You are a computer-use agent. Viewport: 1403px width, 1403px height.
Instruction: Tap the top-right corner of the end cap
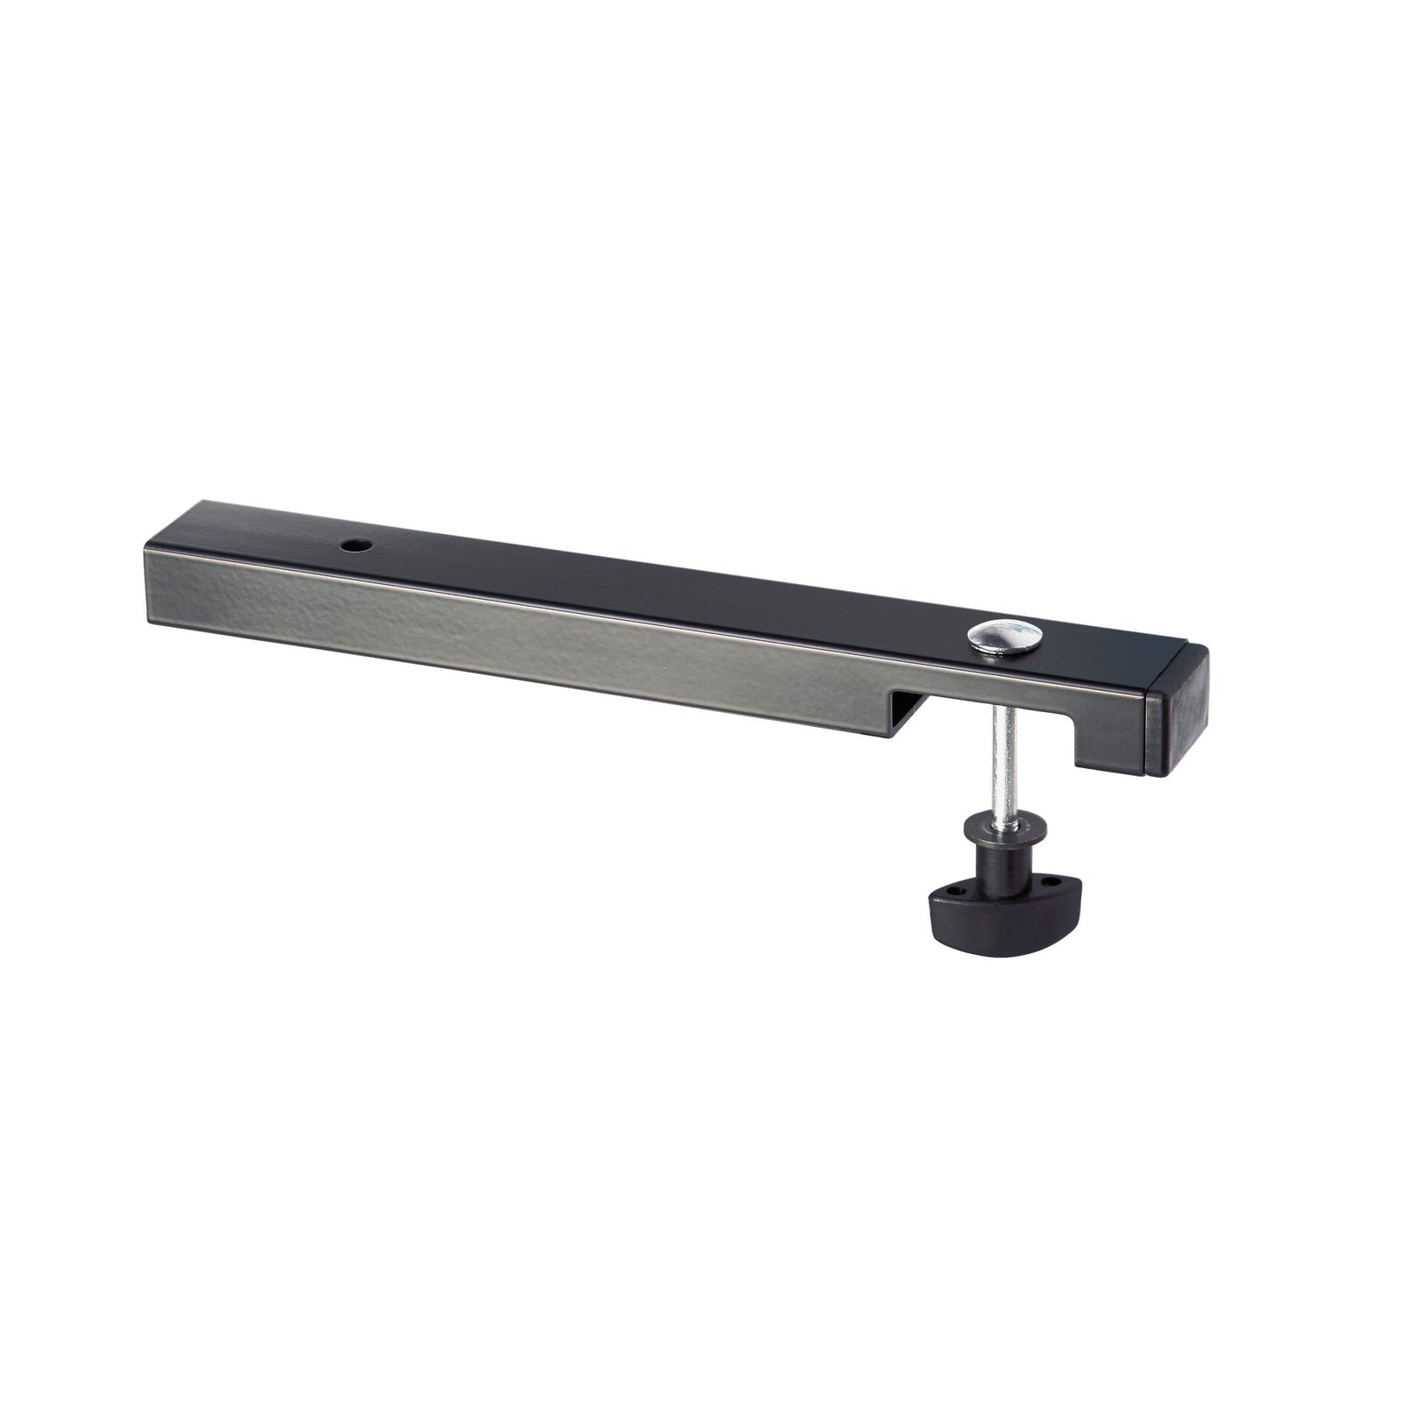pos(1207,649)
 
